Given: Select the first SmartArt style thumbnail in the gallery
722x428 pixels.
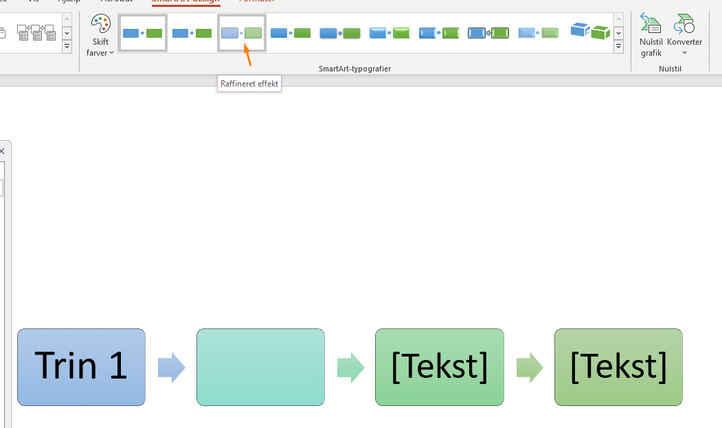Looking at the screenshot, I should point(143,33).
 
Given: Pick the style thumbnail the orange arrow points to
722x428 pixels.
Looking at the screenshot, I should point(242,33).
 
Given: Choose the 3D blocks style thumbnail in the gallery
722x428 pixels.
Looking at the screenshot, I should point(590,32).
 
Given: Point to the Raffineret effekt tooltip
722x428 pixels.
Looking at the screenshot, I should point(249,84).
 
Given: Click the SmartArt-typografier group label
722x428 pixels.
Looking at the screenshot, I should point(354,69).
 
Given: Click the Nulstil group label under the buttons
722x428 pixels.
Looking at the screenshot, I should point(670,69).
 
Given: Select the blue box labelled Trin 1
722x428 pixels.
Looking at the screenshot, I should point(81,367).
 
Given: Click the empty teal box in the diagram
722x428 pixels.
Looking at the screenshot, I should point(260,367).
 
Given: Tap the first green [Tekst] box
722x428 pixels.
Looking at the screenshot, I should point(439,367).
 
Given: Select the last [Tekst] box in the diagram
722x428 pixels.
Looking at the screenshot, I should point(618,367).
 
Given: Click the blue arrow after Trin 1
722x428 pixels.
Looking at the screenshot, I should point(171,368).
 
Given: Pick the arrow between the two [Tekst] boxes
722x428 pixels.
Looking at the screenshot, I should point(530,368).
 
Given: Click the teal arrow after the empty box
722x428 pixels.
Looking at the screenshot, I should point(350,368).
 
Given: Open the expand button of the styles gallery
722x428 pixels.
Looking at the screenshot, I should point(618,47).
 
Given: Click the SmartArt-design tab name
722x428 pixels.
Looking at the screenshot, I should point(185,1).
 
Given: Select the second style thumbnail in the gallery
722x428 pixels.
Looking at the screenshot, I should point(192,33).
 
